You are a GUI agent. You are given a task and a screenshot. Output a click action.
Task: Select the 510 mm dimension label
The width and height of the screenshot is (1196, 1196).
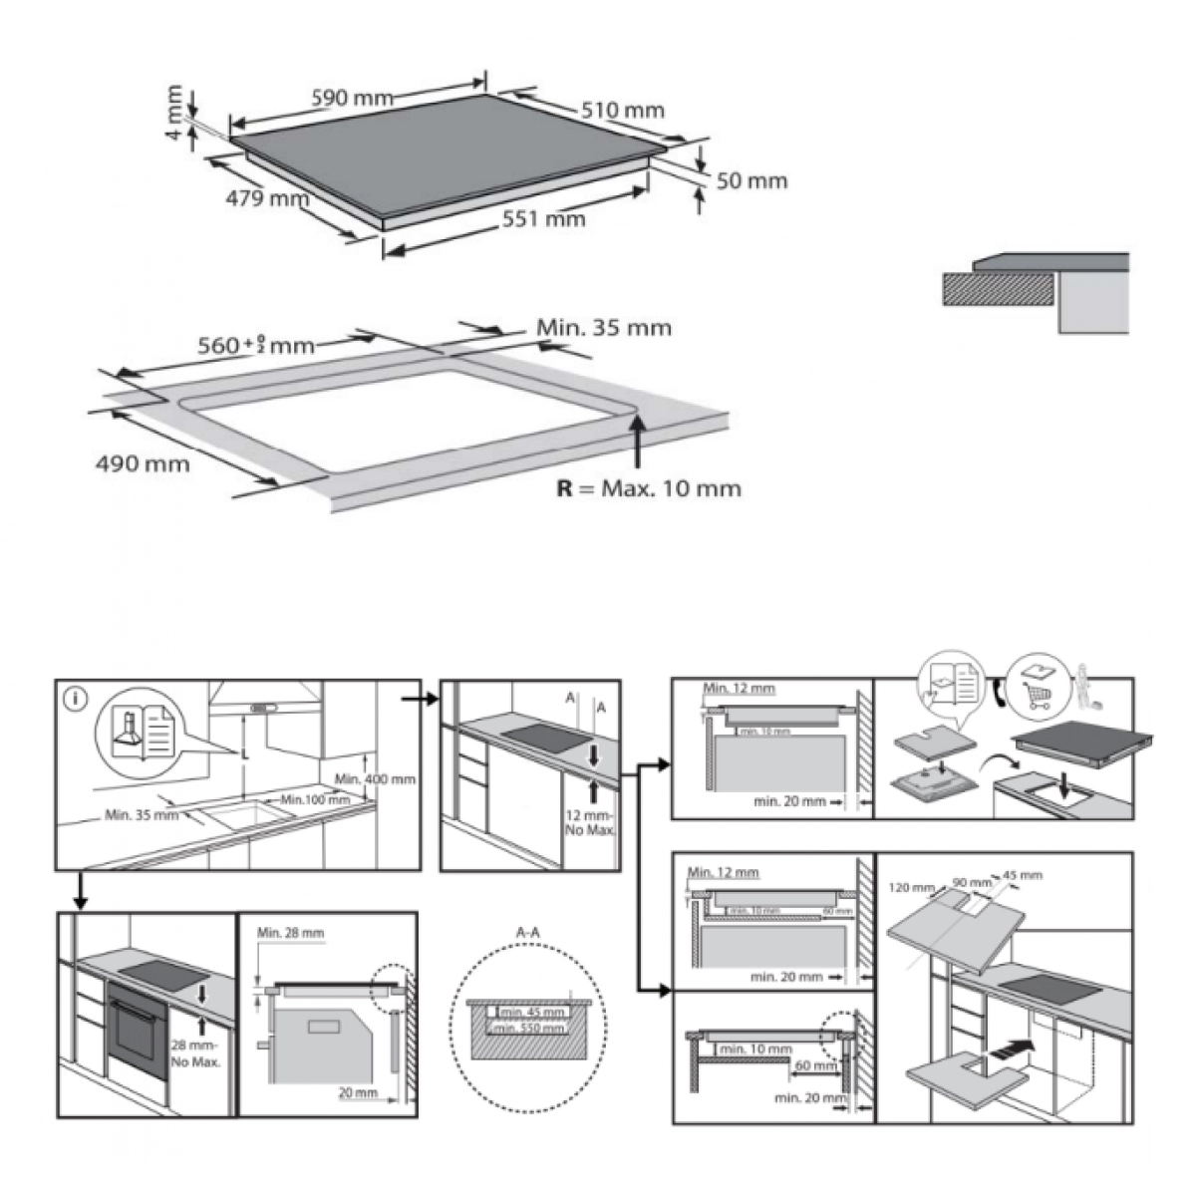[x=622, y=109]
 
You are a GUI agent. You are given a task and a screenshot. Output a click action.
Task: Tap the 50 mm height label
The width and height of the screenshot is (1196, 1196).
[x=752, y=180]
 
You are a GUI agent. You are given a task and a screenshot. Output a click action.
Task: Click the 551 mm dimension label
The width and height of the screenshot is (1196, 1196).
[x=542, y=218]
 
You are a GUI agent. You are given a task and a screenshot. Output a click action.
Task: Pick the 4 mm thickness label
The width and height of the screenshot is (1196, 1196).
[x=175, y=113]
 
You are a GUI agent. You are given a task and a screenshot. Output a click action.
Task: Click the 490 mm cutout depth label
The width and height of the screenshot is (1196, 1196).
[x=144, y=463]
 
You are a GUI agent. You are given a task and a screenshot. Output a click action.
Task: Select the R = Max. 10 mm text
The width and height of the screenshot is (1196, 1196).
[x=649, y=488]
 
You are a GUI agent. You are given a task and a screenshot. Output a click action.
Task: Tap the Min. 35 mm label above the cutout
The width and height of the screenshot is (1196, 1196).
[x=604, y=327]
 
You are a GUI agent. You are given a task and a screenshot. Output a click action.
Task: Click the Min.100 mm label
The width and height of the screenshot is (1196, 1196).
[x=314, y=799]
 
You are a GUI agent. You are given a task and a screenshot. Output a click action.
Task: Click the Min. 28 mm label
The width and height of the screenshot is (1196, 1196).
[x=290, y=933]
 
